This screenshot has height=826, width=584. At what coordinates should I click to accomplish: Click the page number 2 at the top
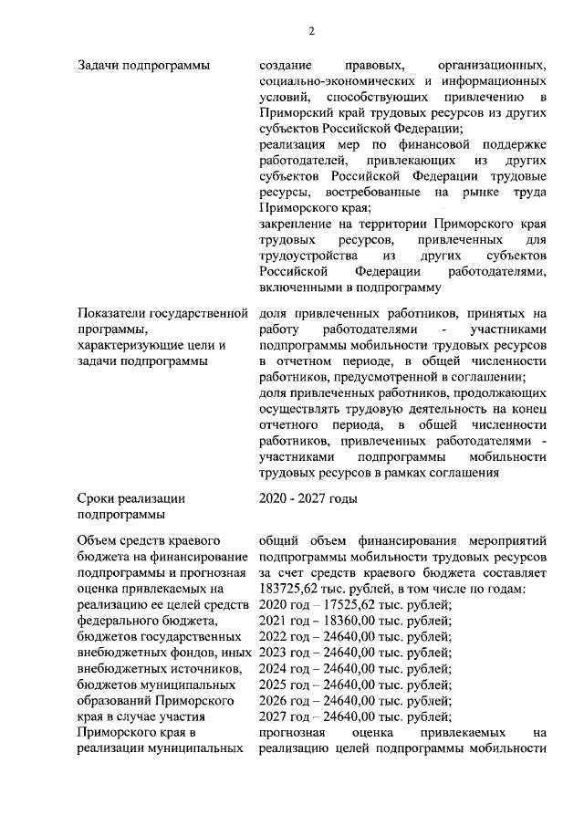pos(311,30)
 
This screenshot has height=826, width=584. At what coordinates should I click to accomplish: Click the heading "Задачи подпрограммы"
pos(143,65)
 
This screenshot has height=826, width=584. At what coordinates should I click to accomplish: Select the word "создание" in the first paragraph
pos(286,65)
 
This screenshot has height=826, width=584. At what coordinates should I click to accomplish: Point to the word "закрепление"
pos(297,225)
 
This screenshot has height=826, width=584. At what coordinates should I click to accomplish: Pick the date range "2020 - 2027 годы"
pos(308,497)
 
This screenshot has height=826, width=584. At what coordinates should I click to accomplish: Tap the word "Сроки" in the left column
pos(99,497)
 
